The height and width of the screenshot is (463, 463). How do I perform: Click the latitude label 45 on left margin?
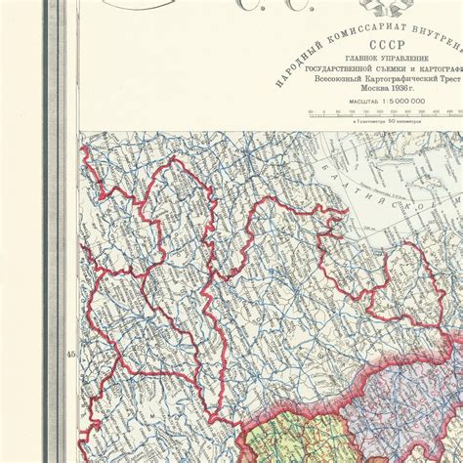coord(70,355)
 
